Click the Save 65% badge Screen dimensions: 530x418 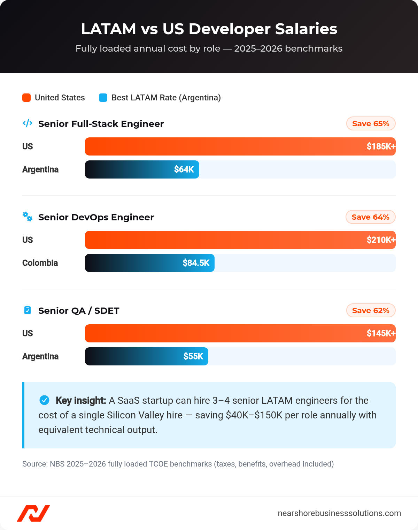tap(371, 124)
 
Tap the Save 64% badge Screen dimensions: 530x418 tap(370, 217)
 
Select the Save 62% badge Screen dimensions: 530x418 tap(371, 311)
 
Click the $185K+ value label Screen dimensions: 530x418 tap(380, 146)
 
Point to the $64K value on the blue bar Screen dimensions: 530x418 tap(184, 169)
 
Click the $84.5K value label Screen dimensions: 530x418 tap(196, 263)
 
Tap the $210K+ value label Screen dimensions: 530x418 tap(380, 240)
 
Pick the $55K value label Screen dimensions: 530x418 tap(193, 356)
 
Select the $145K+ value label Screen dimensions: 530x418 tap(380, 333)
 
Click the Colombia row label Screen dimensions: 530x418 tap(40, 263)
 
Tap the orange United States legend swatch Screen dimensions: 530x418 tap(26, 98)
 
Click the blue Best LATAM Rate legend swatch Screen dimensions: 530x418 tap(103, 98)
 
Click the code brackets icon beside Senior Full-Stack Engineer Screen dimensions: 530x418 tap(28, 123)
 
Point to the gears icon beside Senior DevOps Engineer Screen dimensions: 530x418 tap(28, 217)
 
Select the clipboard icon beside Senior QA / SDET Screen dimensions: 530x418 tap(28, 310)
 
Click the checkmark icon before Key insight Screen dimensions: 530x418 tap(44, 400)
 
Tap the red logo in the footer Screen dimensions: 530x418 tap(33, 513)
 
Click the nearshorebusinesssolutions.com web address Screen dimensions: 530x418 tap(339, 513)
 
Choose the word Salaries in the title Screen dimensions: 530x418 tap(306, 29)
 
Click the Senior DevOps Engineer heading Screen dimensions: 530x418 tap(96, 217)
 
